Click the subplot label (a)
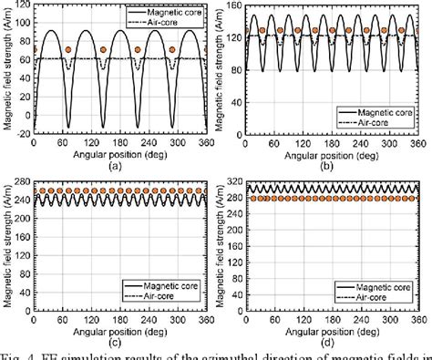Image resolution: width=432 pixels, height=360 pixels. (x=116, y=167)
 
